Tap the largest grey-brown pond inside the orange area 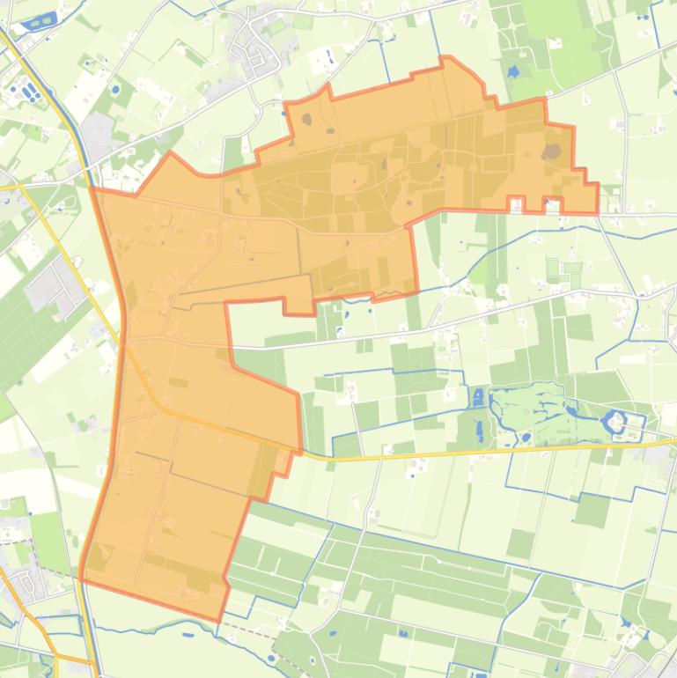tap(552, 151)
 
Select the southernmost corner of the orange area tap(219, 621)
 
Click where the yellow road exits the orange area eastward tap(300, 453)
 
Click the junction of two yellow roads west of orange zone tap(19, 187)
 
